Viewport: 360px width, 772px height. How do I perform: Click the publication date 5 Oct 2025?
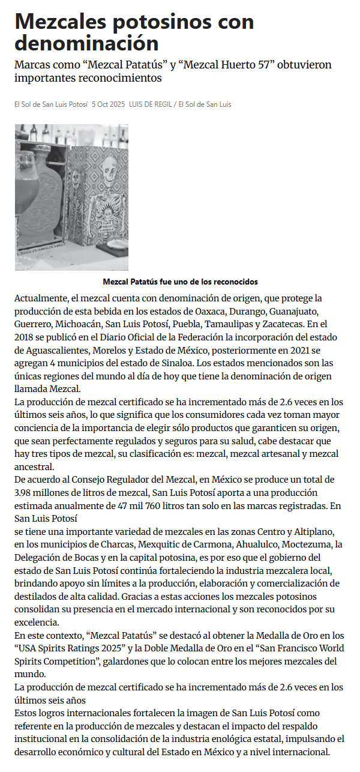pyautogui.click(x=109, y=104)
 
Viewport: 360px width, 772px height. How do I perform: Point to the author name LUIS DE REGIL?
pyautogui.click(x=151, y=104)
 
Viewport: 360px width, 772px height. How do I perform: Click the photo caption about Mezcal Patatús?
pyautogui.click(x=180, y=282)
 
